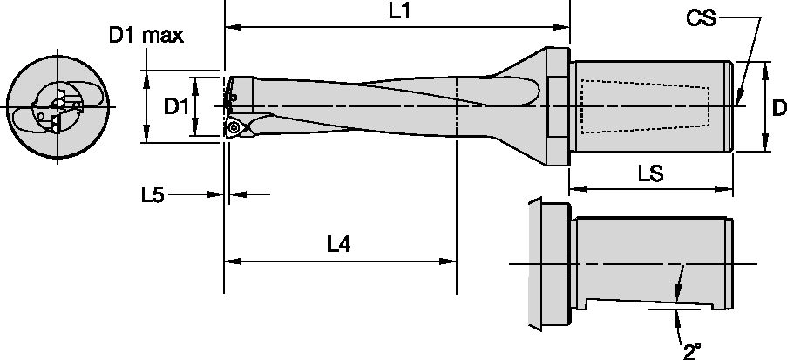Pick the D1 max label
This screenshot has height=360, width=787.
point(146,36)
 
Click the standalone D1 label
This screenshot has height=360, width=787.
point(178,105)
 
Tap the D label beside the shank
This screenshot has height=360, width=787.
point(778,107)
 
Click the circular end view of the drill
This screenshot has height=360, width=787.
point(58,106)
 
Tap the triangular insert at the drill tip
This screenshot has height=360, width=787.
point(234,128)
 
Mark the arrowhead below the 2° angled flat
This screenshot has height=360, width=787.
point(678,314)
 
